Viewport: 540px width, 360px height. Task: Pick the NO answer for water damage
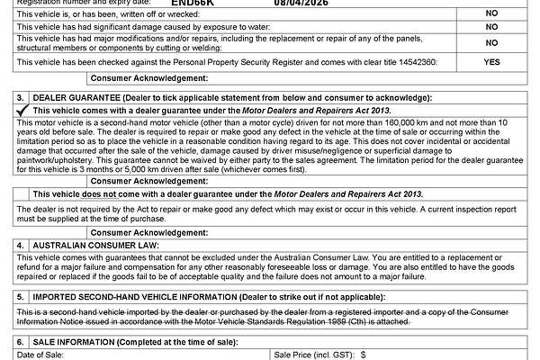(491, 29)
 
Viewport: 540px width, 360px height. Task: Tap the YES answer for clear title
(491, 63)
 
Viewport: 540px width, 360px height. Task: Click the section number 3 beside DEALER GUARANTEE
(21, 96)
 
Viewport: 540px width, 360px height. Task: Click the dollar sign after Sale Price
(363, 356)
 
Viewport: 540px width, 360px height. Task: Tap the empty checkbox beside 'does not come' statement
(21, 193)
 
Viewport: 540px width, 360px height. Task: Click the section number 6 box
(21, 343)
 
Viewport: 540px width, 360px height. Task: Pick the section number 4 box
(21, 244)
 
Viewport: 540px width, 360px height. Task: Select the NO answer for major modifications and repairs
(491, 43)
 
